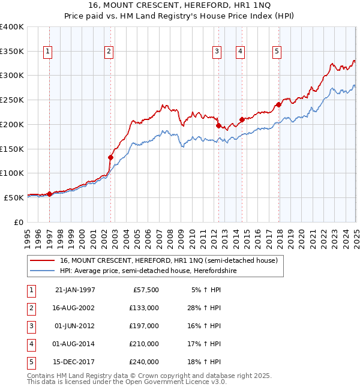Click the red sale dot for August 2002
pos(110,157)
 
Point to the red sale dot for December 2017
pos(279,104)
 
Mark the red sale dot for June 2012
pos(218,125)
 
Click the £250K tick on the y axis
pos(12,100)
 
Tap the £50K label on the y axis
pos(14,197)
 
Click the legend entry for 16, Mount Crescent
pos(168,260)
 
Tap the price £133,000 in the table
pos(144,308)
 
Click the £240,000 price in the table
pos(144,362)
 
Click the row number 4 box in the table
pos(31,344)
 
